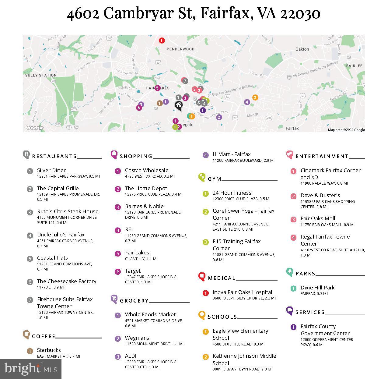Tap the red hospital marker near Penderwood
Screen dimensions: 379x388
click(162, 40)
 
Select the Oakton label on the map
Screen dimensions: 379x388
click(302, 49)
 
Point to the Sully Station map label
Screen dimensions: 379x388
click(41, 75)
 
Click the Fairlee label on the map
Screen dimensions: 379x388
click(354, 66)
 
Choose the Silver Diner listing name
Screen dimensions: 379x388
click(51, 170)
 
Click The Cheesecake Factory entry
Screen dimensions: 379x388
click(67, 281)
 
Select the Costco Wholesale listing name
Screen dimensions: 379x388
click(146, 170)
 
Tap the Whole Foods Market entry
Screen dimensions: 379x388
click(150, 314)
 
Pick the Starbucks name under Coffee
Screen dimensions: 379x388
click(49, 350)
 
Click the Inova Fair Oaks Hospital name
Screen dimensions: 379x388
click(242, 292)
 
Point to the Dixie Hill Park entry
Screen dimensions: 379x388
click(317, 288)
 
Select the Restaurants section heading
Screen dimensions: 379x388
click(54, 156)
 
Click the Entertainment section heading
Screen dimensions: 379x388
click(322, 156)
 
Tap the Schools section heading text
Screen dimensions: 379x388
click(222, 317)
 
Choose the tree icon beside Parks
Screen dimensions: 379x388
click(289, 272)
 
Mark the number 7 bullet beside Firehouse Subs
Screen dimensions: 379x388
click(30, 300)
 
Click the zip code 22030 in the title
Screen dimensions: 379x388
click(300, 13)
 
